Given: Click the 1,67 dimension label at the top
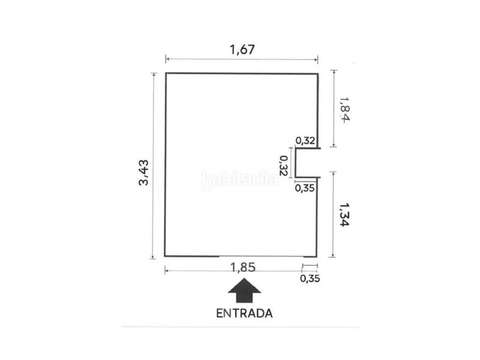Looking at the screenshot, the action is (242, 50).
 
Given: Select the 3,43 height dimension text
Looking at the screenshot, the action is (143, 173).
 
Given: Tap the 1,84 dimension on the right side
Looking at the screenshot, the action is (344, 110).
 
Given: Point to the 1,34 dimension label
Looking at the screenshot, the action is (344, 215).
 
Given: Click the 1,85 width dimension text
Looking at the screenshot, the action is (243, 267).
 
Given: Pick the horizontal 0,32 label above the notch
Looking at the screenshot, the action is (305, 140).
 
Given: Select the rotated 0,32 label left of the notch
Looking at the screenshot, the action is (284, 166).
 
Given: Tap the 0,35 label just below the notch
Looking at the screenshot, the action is (305, 188).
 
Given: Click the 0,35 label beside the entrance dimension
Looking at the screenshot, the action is (310, 278).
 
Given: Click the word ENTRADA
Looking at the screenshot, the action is (244, 313).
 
